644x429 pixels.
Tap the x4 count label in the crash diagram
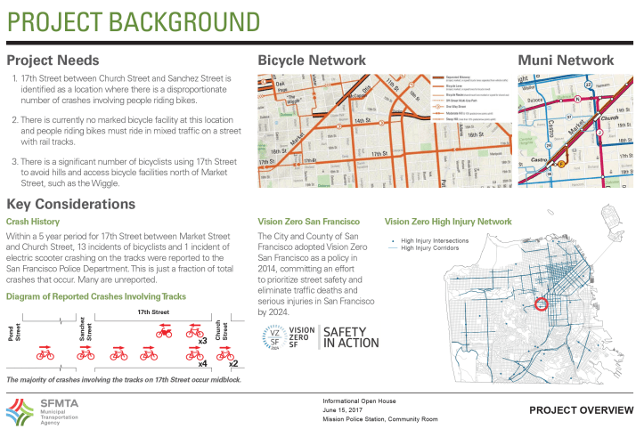pyautogui.click(x=202, y=363)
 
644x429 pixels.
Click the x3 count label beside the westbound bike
pyautogui.click(x=202, y=340)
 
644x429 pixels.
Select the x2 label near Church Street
pyautogui.click(x=232, y=363)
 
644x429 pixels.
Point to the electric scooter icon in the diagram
pyautogui.click(x=164, y=332)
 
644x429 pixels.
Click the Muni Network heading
pyautogui.click(x=566, y=61)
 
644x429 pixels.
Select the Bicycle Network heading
pyautogui.click(x=312, y=61)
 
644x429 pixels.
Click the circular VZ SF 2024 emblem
pyautogui.click(x=277, y=337)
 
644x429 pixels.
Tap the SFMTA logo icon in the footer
pyautogui.click(x=19, y=411)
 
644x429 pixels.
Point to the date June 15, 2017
pyautogui.click(x=343, y=409)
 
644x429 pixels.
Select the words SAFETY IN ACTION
pyautogui.click(x=349, y=337)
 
